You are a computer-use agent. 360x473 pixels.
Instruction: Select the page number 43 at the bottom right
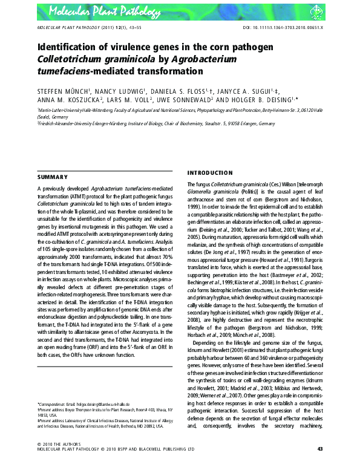pos(320,465)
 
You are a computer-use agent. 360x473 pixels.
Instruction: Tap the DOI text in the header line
pos(289,28)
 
